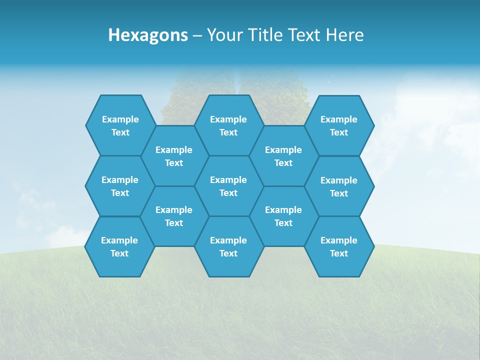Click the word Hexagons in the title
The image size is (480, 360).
148,35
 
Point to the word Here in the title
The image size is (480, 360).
345,35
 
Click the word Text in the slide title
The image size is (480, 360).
305,35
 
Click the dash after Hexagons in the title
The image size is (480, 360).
197,35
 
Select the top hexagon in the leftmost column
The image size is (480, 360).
120,125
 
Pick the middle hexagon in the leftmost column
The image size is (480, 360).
120,186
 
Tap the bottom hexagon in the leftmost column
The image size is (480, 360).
119,246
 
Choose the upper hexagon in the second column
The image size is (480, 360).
174,156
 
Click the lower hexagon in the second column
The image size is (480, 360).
174,216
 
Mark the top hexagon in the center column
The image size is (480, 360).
228,125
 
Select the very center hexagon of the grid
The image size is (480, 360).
228,186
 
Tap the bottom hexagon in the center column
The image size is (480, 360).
228,246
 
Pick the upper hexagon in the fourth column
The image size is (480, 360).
283,156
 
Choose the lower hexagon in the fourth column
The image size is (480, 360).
283,216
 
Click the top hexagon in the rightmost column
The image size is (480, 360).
339,125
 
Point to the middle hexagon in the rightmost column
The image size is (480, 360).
339,186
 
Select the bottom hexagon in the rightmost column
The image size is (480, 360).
339,246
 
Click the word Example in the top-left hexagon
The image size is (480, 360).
120,119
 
